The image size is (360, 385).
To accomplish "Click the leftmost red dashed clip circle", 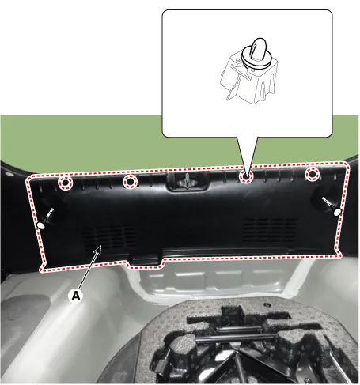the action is click(65, 183).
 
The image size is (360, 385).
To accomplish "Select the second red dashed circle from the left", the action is click(130, 182).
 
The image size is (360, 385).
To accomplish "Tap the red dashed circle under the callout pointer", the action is click(246, 176).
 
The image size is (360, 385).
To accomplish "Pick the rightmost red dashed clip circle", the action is click(313, 174).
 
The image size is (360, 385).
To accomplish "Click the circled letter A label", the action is click(76, 296).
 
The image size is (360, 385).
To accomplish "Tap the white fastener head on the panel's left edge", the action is click(41, 225).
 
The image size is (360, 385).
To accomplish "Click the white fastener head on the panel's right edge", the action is click(337, 212).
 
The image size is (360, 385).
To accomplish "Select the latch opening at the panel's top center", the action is click(188, 182).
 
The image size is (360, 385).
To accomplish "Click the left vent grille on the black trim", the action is click(110, 237).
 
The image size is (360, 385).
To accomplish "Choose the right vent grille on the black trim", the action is click(270, 230).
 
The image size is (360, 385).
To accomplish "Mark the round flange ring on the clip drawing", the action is click(256, 57).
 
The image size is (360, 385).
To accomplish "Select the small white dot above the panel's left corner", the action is click(8, 174).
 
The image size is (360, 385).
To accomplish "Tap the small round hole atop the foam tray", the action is click(267, 305).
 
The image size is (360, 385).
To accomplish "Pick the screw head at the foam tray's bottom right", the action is click(307, 380).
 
